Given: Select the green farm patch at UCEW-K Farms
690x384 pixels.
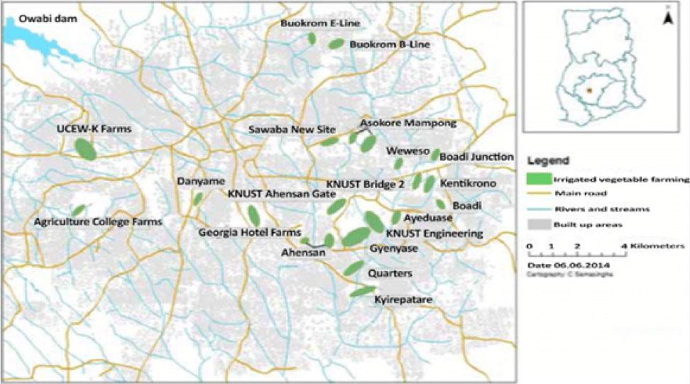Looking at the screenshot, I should [85, 149].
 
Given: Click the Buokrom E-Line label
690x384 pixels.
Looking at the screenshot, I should [319, 23].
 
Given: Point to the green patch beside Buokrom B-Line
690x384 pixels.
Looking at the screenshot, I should [335, 44].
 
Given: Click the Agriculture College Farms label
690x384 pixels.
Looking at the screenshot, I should [98, 222].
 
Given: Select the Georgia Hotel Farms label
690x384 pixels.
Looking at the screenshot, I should [249, 231].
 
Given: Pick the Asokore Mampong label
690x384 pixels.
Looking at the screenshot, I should [408, 123].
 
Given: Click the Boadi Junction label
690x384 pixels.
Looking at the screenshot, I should [476, 156].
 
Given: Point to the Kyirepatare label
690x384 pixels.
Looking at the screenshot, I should [402, 301].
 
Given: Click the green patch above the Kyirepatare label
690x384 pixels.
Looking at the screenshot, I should [362, 290].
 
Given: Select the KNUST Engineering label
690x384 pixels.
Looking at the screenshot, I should [434, 233].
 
